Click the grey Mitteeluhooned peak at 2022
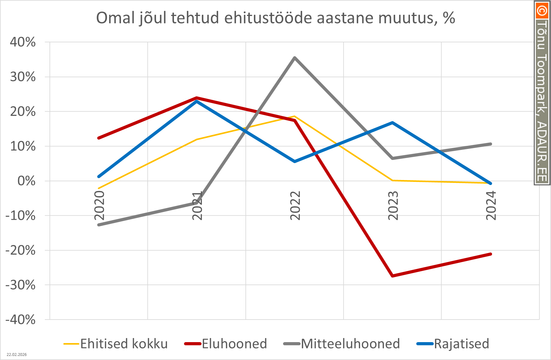[x=295, y=58]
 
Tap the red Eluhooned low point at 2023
[x=392, y=276]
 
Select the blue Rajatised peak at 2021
[x=197, y=101]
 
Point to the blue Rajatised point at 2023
[x=392, y=123]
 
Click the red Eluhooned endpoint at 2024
[x=491, y=254]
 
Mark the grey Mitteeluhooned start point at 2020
[x=99, y=225]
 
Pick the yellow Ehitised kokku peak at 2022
[x=294, y=116]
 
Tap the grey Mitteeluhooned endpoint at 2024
[x=491, y=144]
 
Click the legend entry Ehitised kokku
[x=124, y=344]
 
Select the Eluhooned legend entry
[x=234, y=344]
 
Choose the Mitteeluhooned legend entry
[x=350, y=344]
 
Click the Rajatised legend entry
[x=461, y=344]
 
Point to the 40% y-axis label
[x=23, y=42]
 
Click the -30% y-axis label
[x=21, y=285]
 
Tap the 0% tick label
[x=26, y=181]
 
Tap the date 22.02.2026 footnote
[x=17, y=355]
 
